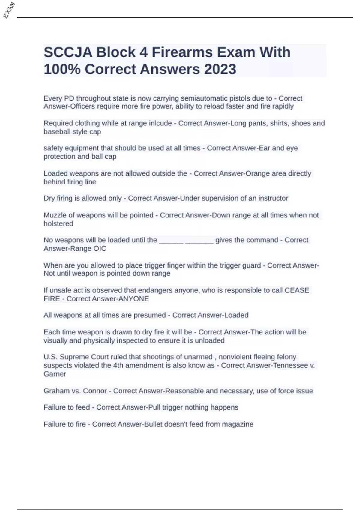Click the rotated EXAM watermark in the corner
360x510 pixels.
tap(9, 10)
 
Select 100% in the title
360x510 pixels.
tap(62, 69)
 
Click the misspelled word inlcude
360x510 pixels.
tap(160, 123)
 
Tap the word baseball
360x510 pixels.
tap(57, 132)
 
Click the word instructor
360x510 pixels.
tap(273, 198)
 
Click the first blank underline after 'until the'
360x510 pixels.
tap(171, 241)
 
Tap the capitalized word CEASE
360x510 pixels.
tap(297, 290)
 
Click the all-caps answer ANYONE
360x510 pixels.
tap(134, 299)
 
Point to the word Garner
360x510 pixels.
tap(55, 374)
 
